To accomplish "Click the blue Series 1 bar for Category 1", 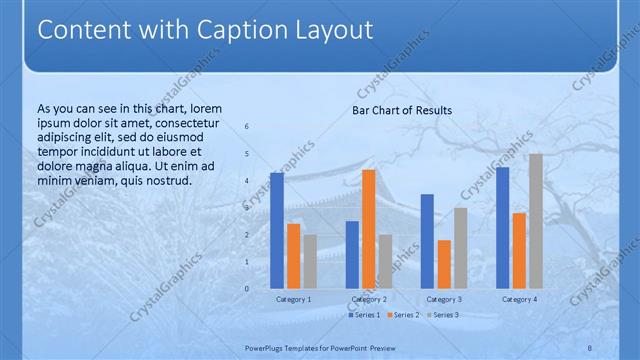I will (277, 230).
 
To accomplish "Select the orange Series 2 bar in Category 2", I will (369, 229).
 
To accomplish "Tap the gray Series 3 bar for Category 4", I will (536, 221).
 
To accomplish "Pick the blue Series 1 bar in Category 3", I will (427, 241).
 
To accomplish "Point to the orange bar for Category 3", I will (444, 264).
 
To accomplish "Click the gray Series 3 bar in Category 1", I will (310, 261).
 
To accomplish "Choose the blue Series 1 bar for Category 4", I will (502, 228).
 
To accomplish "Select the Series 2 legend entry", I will (401, 315).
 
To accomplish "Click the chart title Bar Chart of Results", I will (402, 110).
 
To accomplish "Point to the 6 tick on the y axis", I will (247, 127).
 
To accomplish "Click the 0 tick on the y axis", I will (247, 289).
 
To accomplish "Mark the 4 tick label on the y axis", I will (247, 181).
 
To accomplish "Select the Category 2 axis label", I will (369, 299).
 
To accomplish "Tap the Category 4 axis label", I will (519, 299).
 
